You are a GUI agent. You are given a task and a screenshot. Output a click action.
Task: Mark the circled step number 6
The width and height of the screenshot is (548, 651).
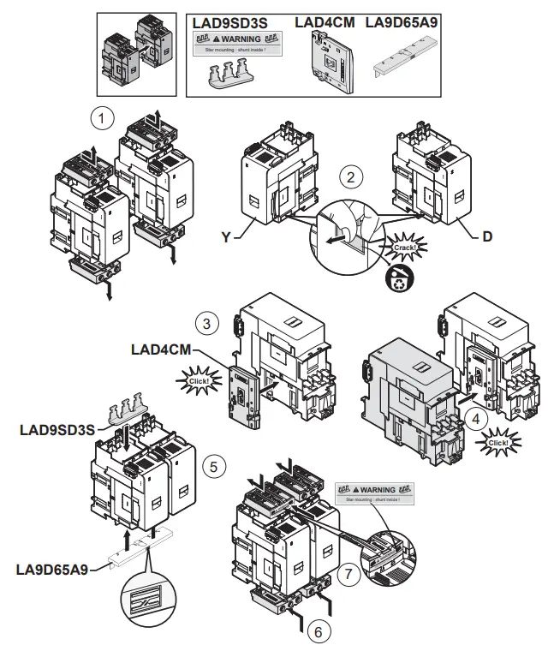(x=318, y=633)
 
